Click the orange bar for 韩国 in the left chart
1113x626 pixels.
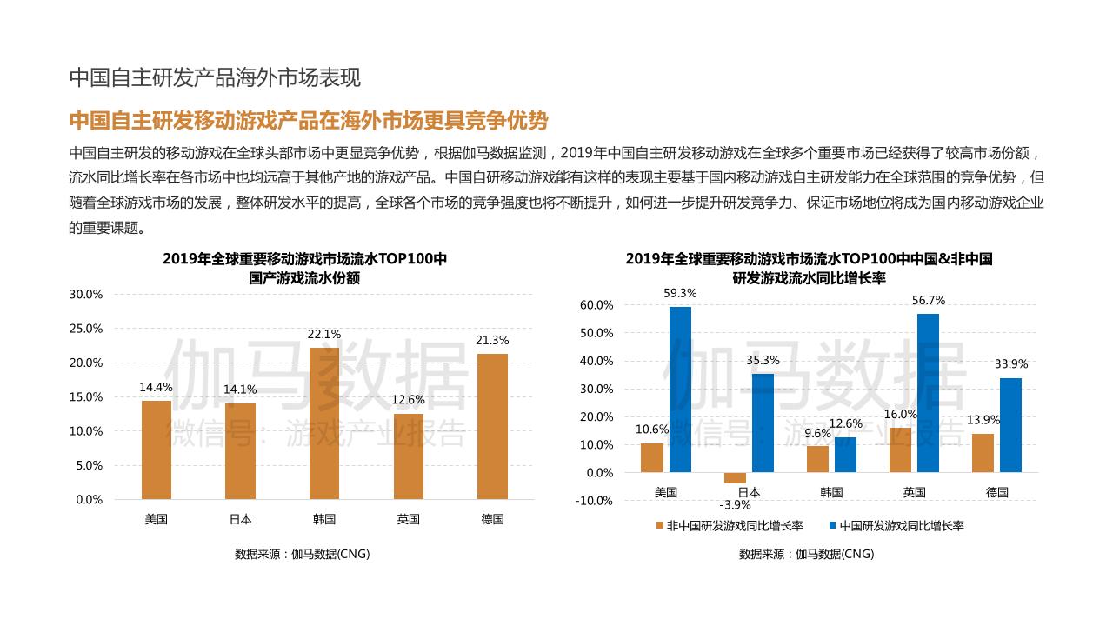click(x=324, y=423)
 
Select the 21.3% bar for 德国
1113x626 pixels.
click(x=492, y=426)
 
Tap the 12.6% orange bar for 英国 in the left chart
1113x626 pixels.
click(x=408, y=456)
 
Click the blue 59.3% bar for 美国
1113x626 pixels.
click(x=680, y=390)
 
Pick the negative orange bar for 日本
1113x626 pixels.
click(x=735, y=477)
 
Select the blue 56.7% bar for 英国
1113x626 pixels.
click(x=928, y=393)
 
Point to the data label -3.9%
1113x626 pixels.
click(x=735, y=505)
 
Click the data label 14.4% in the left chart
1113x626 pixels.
click(x=157, y=388)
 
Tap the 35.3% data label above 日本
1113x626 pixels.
click(x=763, y=360)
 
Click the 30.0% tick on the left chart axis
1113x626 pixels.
click(x=86, y=295)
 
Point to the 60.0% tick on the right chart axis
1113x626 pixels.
click(x=596, y=305)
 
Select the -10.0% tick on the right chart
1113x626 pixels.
click(x=595, y=501)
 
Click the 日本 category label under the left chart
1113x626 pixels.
click(x=241, y=520)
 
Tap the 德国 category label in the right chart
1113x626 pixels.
click(x=996, y=492)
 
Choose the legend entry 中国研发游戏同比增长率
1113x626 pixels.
click(x=901, y=525)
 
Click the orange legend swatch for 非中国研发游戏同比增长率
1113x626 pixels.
click(x=659, y=525)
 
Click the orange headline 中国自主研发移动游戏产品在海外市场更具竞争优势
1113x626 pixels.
click(x=308, y=120)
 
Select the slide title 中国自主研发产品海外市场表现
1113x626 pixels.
click(x=215, y=78)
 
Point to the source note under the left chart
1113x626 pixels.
click(x=302, y=554)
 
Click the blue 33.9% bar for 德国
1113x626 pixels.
click(x=1010, y=425)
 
